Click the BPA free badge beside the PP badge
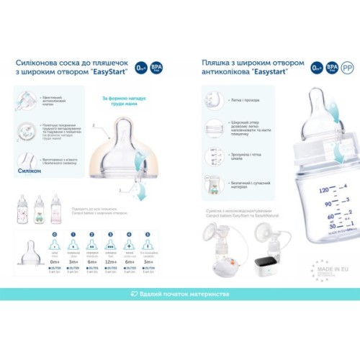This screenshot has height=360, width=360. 333,68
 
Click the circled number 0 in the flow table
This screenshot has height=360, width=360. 56,235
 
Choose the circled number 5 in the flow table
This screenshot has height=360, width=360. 147,235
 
